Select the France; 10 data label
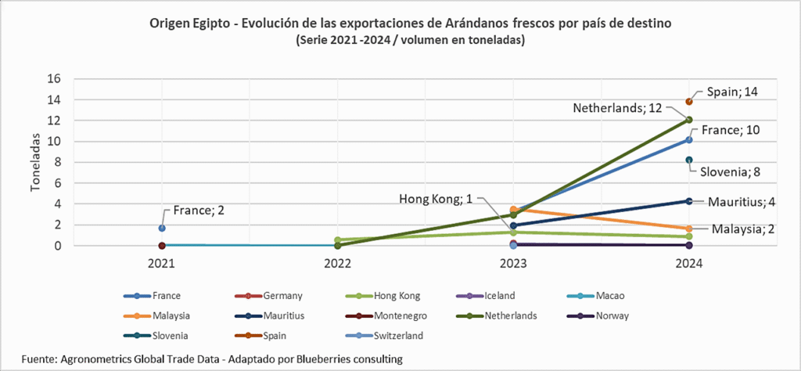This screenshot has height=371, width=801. [x=730, y=130]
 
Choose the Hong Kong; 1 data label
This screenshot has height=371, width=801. [x=438, y=198]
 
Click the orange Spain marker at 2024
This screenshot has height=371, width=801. [x=689, y=102]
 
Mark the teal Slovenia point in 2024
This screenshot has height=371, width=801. [x=689, y=160]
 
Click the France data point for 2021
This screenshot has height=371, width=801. [x=162, y=228]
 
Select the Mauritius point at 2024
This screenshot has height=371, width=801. [x=689, y=201]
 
